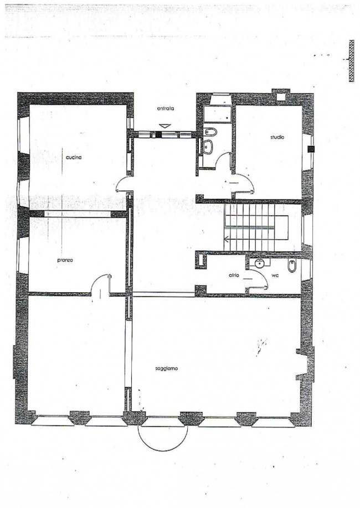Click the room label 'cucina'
[x=73, y=158]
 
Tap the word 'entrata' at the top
[x=166, y=108]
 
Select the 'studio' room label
[x=277, y=137]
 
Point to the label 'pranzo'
[x=65, y=260]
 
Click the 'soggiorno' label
[x=166, y=369]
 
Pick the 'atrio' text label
[x=234, y=276]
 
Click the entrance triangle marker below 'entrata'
[x=165, y=126]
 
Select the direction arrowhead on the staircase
[x=227, y=240]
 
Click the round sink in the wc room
[x=259, y=263]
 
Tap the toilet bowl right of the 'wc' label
[x=291, y=266]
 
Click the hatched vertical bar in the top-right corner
[x=351, y=61]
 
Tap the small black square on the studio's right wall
[x=311, y=149]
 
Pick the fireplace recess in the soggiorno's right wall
[x=302, y=364]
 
